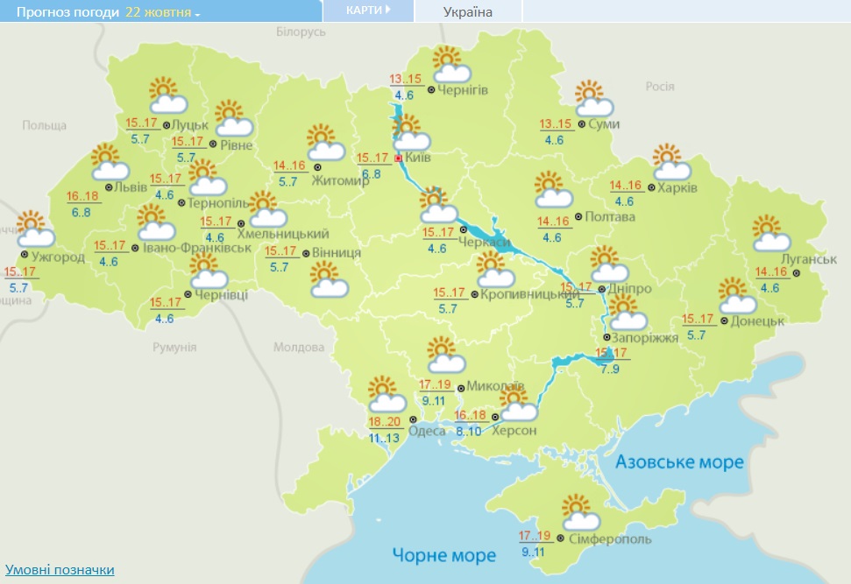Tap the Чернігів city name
point(463,90)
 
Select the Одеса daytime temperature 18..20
point(384,422)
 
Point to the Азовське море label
point(679,462)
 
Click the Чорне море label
point(444,554)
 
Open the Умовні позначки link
point(60,570)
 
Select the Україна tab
point(468,11)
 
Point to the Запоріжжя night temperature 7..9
point(611,369)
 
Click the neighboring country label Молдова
point(299,348)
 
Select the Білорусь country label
point(301,32)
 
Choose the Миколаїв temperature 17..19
point(435,384)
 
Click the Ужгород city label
point(59,257)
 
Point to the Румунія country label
point(174,348)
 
